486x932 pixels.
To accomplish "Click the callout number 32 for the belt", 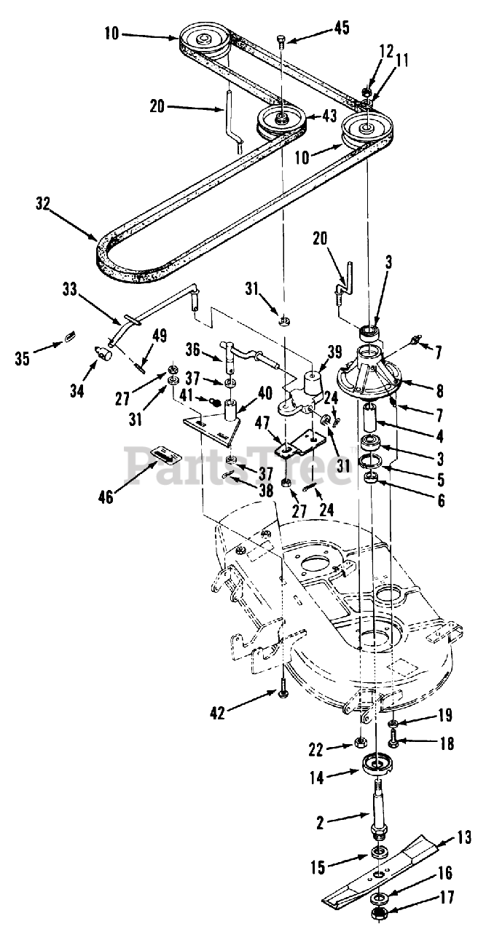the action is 42,205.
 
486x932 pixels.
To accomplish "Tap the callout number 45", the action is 340,28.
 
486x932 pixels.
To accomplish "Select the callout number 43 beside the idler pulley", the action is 330,116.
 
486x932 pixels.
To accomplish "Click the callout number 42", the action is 217,713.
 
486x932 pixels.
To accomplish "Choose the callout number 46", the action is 106,497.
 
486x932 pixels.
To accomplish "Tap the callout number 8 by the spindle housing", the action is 439,391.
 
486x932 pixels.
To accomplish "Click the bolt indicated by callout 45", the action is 281,43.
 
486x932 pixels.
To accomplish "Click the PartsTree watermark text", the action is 240,465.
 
